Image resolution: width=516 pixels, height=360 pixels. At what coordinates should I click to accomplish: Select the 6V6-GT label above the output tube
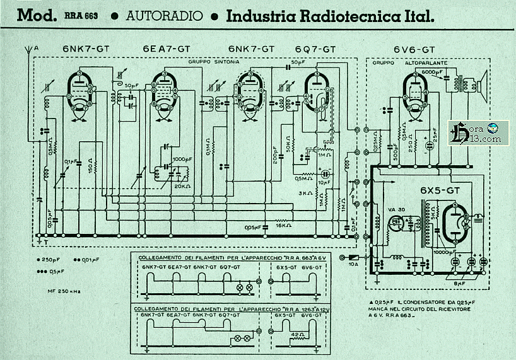(414, 49)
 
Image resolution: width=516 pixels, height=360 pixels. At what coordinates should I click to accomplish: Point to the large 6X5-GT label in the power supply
(441, 190)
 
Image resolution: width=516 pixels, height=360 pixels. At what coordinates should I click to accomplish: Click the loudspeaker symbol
(482, 83)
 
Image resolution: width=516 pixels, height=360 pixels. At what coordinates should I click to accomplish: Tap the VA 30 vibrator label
(395, 210)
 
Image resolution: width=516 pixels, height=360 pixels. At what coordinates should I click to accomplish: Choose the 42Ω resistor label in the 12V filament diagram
(297, 335)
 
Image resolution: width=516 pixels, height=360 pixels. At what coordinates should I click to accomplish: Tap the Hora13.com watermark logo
(475, 132)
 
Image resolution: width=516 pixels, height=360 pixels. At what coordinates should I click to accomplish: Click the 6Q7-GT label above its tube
(310, 49)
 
